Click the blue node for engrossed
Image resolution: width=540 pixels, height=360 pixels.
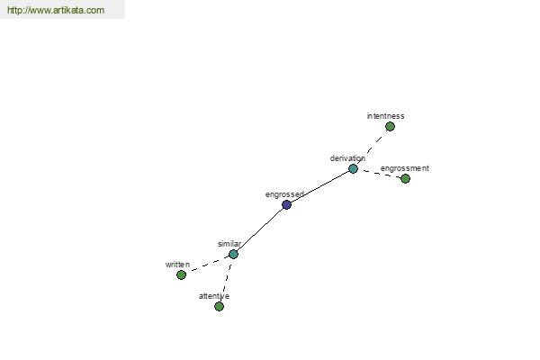click(286, 205)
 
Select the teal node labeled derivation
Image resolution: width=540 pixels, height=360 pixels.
click(353, 169)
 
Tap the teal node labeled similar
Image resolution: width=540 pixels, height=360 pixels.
click(233, 254)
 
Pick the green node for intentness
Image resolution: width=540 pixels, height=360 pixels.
click(390, 127)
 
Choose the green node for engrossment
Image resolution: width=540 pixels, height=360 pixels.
click(405, 178)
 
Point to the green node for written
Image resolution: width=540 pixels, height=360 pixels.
click(181, 274)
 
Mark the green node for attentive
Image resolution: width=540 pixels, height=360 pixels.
click(219, 306)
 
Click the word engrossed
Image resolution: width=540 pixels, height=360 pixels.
click(284, 194)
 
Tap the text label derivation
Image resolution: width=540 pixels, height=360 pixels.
click(347, 158)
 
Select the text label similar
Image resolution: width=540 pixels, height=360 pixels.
click(229, 244)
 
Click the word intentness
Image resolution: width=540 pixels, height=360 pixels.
click(385, 116)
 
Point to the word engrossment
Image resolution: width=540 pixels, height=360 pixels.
click(405, 168)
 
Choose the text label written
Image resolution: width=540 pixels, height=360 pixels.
click(177, 265)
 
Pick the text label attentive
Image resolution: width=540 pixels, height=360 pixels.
click(214, 296)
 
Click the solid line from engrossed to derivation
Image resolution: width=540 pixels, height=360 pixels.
click(319, 186)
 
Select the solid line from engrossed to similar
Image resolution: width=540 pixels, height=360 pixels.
click(260, 229)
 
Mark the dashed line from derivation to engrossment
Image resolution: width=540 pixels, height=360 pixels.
click(379, 174)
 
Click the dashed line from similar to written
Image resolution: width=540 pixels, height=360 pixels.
click(207, 265)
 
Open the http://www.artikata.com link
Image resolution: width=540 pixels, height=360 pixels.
click(56, 10)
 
